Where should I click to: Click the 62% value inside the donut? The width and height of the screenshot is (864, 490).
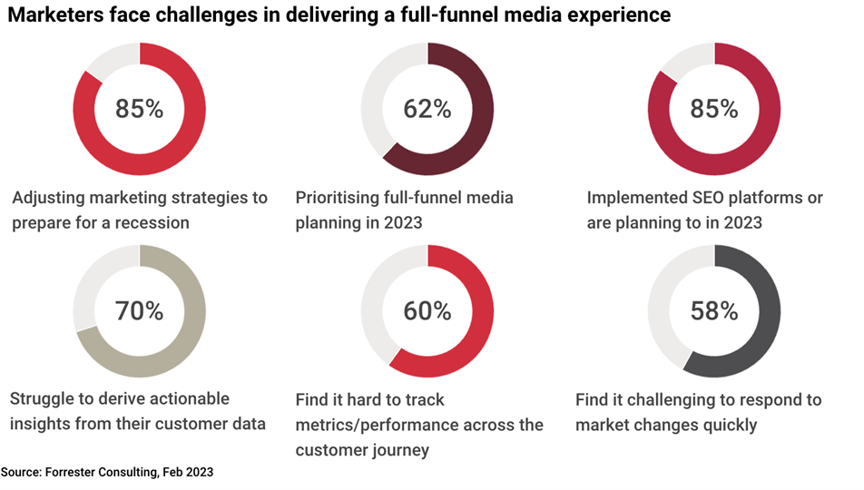[427, 110]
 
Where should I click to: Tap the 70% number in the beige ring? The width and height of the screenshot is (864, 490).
[139, 311]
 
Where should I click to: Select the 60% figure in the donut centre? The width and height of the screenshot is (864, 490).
[427, 311]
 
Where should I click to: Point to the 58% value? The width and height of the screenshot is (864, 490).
[714, 311]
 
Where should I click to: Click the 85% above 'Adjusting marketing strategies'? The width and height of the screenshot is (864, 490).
[139, 110]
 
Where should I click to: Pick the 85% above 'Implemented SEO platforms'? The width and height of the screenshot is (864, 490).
[714, 110]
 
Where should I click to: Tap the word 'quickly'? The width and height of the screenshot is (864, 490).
[726, 425]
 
